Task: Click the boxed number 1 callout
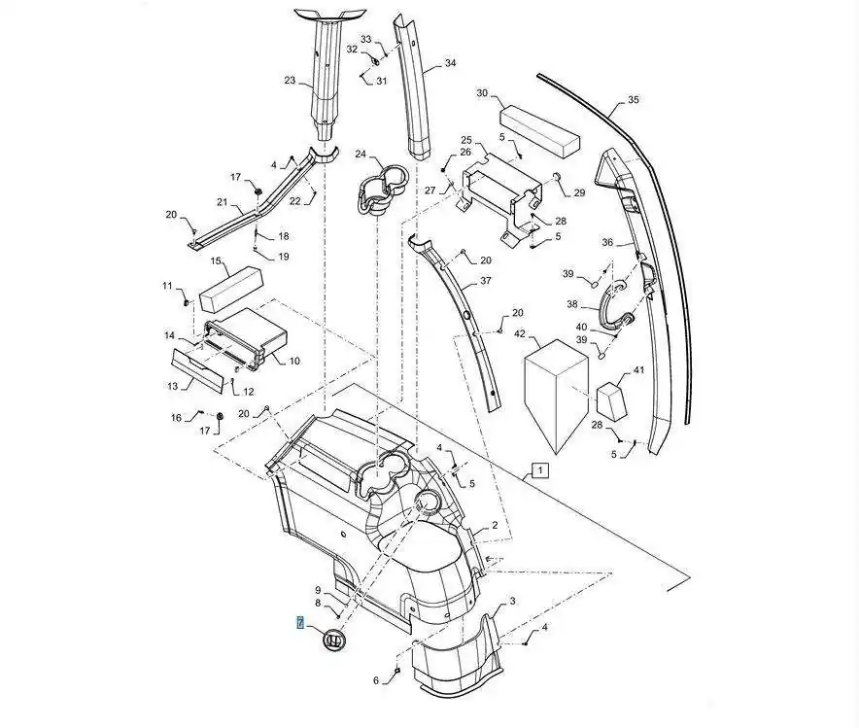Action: pyautogui.click(x=540, y=470)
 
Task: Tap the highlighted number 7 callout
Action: pyautogui.click(x=300, y=622)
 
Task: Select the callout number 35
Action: pyautogui.click(x=633, y=100)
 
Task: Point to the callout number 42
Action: pyautogui.click(x=519, y=333)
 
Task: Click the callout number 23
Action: pyautogui.click(x=290, y=81)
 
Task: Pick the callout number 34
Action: pyautogui.click(x=450, y=63)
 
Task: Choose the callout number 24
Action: pyautogui.click(x=361, y=154)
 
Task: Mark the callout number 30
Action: pyautogui.click(x=482, y=93)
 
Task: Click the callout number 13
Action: pyautogui.click(x=173, y=386)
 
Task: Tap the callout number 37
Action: pyautogui.click(x=486, y=281)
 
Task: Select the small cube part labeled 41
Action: pyautogui.click(x=612, y=401)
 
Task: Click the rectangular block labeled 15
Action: pyautogui.click(x=230, y=290)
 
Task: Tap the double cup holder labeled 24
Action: pyautogui.click(x=381, y=189)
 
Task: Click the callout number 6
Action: pyautogui.click(x=376, y=680)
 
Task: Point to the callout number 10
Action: pyautogui.click(x=294, y=361)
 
